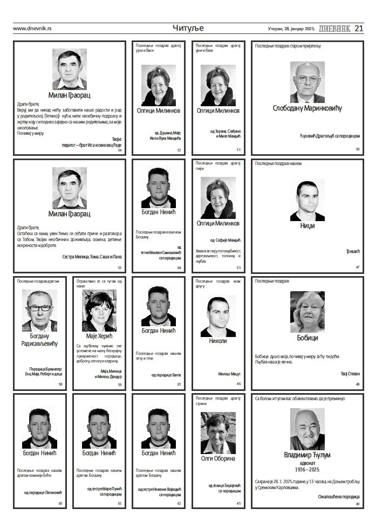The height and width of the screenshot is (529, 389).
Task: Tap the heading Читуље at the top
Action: tap(188, 28)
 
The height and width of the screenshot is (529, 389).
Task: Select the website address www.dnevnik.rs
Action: tap(32, 29)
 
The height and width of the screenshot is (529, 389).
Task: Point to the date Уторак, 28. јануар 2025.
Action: tap(291, 29)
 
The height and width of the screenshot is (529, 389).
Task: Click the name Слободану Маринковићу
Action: tap(307, 108)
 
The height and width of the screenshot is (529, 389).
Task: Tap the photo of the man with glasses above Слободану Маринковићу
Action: tap(307, 81)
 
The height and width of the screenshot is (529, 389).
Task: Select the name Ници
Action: tap(307, 225)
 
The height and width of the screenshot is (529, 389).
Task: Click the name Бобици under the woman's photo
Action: tap(307, 338)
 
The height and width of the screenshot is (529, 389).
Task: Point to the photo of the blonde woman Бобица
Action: tap(307, 312)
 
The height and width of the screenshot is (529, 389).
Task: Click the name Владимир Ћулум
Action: tap(307, 455)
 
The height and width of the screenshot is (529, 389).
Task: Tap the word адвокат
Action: tap(307, 463)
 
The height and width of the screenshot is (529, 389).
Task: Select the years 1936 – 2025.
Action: tap(307, 470)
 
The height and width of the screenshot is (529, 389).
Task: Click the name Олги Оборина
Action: tap(218, 458)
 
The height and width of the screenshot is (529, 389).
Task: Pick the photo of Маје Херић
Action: tap(99, 311)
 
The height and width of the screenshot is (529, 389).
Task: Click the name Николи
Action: tap(218, 341)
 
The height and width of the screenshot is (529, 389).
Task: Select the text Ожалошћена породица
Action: tap(339, 497)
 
